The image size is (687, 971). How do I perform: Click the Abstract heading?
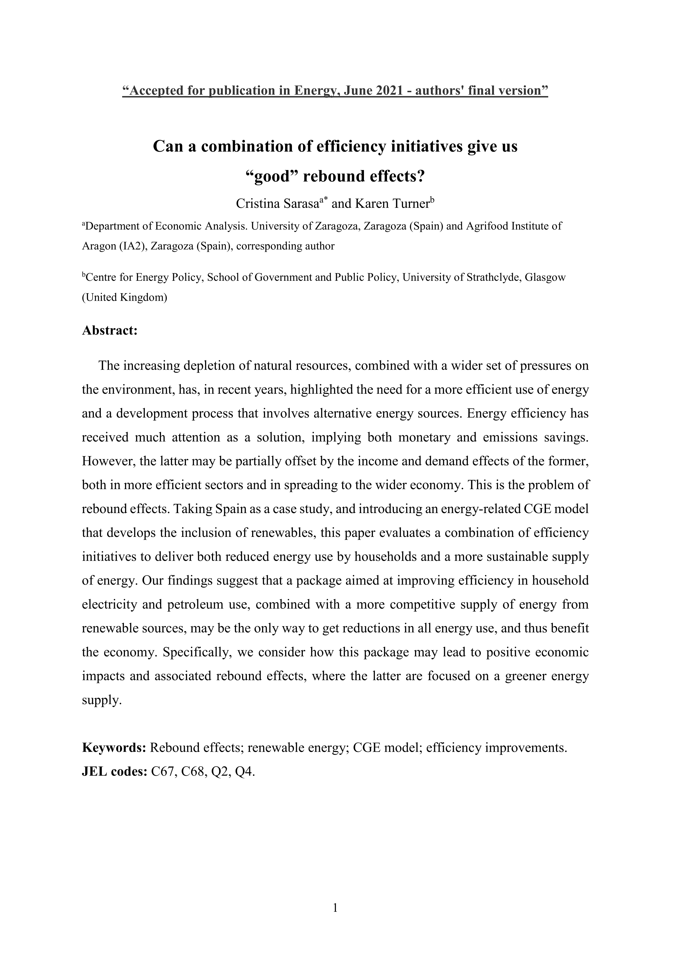(x=110, y=330)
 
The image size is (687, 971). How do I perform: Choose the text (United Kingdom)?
(x=124, y=298)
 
